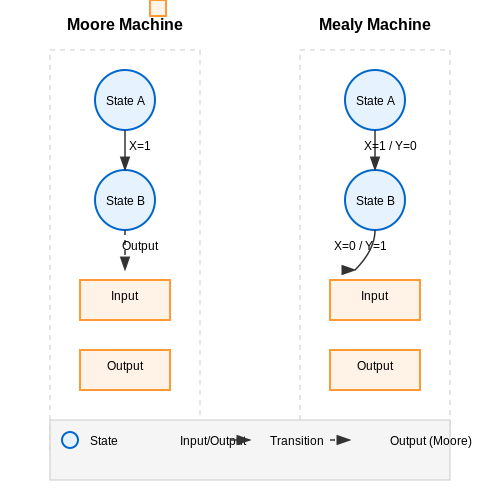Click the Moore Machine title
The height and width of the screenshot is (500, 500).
click(125, 24)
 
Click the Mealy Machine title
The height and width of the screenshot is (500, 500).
click(375, 24)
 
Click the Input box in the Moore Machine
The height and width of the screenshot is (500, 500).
click(125, 300)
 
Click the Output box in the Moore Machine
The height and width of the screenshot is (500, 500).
click(125, 370)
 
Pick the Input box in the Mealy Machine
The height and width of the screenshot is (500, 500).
click(375, 300)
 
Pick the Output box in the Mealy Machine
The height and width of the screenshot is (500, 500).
click(375, 370)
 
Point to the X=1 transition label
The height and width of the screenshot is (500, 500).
click(140, 146)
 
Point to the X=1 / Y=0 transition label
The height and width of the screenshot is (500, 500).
click(390, 146)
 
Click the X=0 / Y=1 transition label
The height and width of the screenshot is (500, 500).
click(360, 246)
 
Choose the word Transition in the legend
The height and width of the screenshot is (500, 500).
click(297, 441)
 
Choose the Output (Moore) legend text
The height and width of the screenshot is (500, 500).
click(431, 441)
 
